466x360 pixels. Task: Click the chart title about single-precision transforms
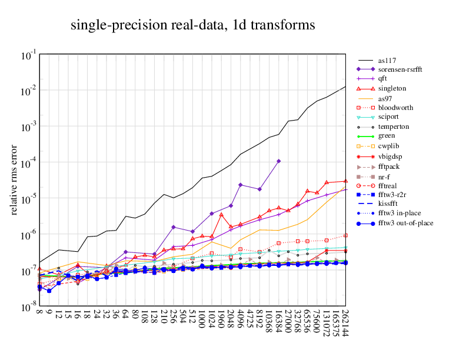pos(193,25)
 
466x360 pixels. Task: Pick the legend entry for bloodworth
pos(395,108)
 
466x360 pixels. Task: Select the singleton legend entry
pos(392,89)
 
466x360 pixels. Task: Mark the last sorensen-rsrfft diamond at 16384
pos(278,161)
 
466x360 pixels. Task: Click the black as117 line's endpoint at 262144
pos(345,86)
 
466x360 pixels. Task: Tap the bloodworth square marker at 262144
pos(345,235)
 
